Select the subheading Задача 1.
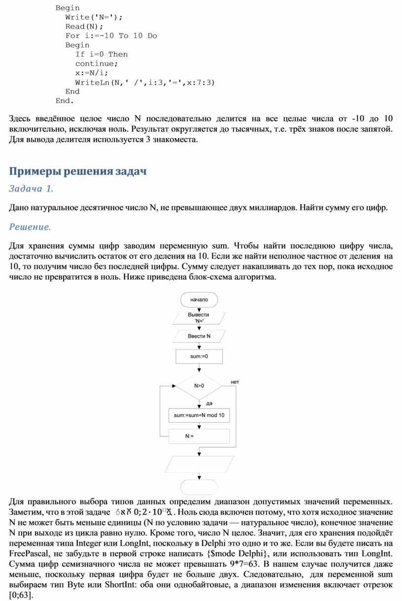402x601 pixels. point(31,189)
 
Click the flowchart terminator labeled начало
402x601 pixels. point(199,299)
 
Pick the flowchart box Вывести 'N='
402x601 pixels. point(199,318)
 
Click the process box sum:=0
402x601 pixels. point(199,356)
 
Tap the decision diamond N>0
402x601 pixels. point(199,386)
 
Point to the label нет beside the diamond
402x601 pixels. point(235,382)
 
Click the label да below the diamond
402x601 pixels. point(209,403)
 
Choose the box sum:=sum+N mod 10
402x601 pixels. point(199,416)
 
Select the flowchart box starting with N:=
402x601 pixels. point(199,436)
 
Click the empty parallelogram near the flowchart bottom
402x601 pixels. point(199,464)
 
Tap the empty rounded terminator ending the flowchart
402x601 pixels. point(199,486)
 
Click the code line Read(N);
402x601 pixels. point(84,27)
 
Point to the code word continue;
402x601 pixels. point(97,64)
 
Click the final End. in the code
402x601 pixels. point(65,100)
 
